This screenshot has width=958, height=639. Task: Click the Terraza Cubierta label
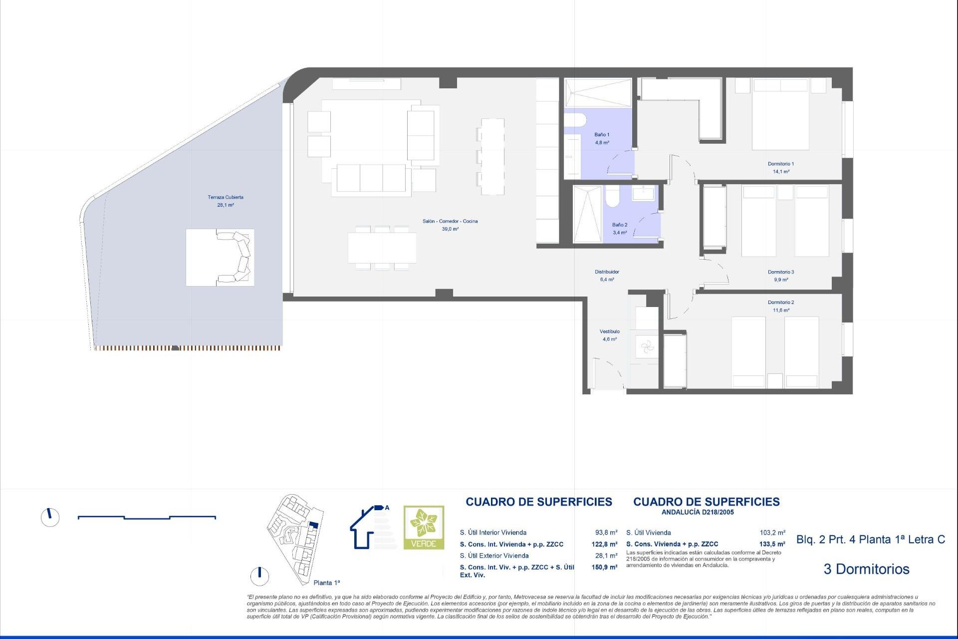[226, 197]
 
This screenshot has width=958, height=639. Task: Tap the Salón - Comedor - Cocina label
[450, 221]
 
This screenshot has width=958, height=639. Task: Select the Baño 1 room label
[602, 135]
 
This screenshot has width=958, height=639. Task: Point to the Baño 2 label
[620, 225]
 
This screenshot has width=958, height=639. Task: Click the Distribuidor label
[607, 272]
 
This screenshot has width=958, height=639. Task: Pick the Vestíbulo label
[609, 331]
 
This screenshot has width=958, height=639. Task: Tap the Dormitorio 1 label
[780, 164]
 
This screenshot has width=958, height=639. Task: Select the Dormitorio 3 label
[780, 272]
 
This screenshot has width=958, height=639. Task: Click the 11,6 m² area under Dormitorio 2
[780, 311]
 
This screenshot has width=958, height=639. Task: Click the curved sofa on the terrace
[237, 257]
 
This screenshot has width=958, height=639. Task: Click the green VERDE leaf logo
[424, 527]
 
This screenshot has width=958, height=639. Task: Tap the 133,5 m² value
[772, 544]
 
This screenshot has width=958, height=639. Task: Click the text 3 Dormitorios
[866, 569]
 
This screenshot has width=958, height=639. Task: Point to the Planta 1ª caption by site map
[326, 583]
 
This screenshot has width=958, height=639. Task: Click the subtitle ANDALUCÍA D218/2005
[697, 512]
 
